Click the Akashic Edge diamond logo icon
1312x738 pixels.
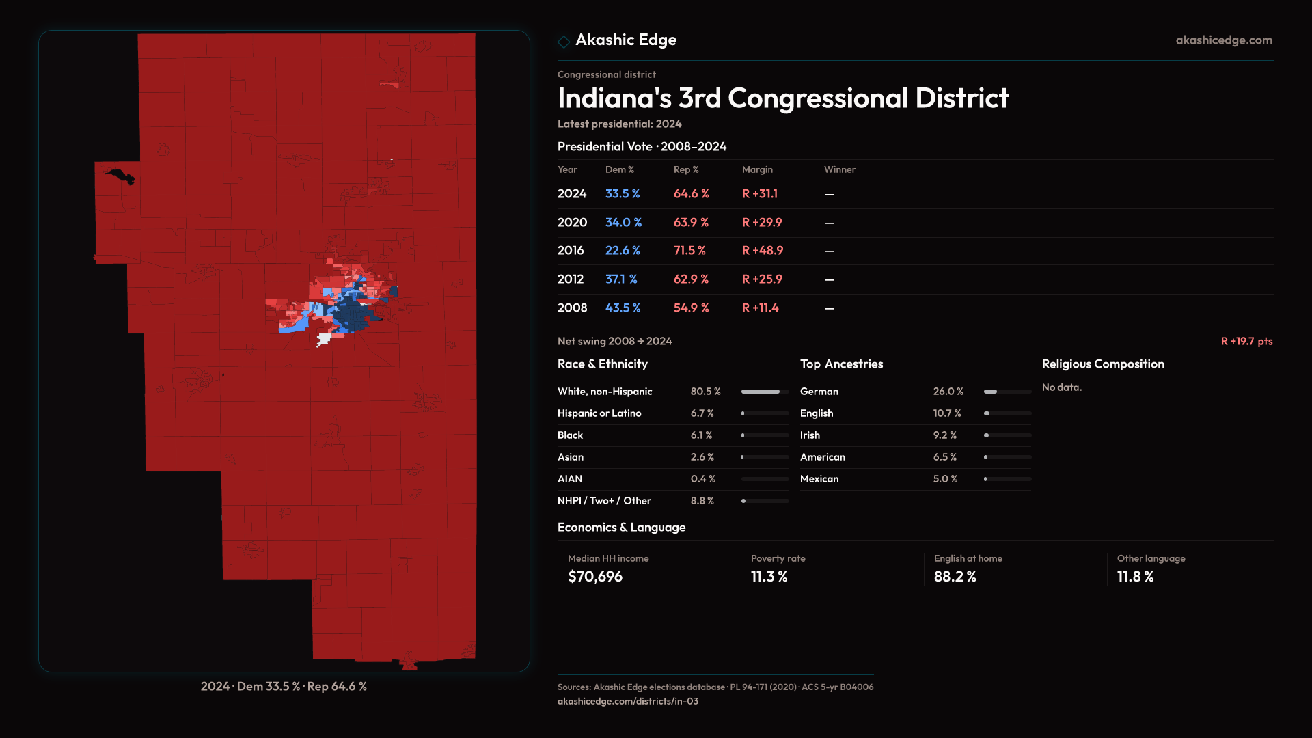(x=564, y=42)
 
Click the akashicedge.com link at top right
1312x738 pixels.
(x=1224, y=40)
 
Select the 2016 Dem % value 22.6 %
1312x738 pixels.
(x=623, y=251)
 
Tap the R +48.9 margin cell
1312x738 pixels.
(x=763, y=251)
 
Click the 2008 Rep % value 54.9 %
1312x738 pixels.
(x=691, y=308)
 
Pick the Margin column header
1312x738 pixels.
(x=757, y=169)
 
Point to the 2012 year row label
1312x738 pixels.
(x=571, y=279)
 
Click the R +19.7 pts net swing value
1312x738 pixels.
(x=1246, y=341)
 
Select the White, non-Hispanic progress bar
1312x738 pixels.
(x=765, y=392)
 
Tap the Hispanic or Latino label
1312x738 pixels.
(x=599, y=413)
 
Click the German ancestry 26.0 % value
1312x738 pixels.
(x=948, y=392)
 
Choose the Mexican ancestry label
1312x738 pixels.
(x=819, y=479)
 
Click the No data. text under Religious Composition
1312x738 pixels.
(x=1062, y=387)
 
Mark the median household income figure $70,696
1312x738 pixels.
(x=595, y=577)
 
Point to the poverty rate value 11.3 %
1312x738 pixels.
(x=769, y=577)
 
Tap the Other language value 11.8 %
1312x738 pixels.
(x=1136, y=577)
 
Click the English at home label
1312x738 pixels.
(x=968, y=558)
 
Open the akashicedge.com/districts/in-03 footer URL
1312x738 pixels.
(x=628, y=701)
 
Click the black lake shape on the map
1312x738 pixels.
(x=121, y=176)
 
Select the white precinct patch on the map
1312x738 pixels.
(x=324, y=339)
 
